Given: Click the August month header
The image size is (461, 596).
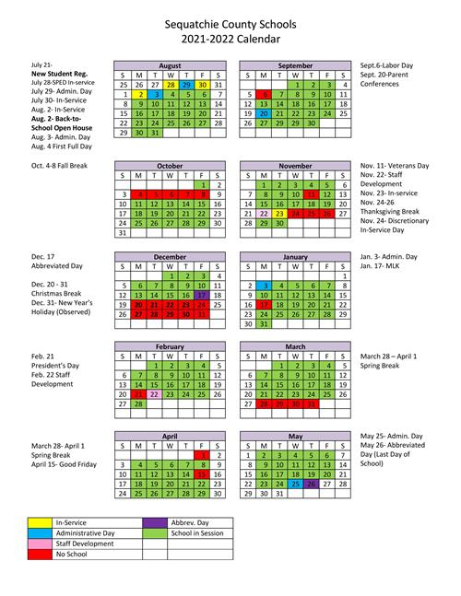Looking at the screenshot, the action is pyautogui.click(x=170, y=67).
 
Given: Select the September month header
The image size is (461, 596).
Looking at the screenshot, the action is pyautogui.click(x=295, y=67).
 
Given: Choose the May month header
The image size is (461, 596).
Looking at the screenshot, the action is pyautogui.click(x=295, y=436).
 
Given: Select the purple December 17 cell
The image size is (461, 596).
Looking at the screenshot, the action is pyautogui.click(x=201, y=295).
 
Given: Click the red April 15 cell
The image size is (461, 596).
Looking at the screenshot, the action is pyautogui.click(x=201, y=473).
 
